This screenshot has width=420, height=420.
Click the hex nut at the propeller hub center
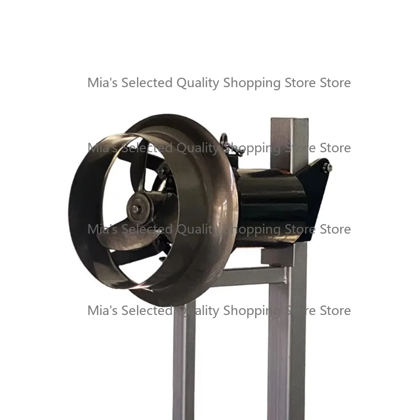click(x=135, y=207)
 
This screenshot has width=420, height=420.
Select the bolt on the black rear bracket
click(x=327, y=167)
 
